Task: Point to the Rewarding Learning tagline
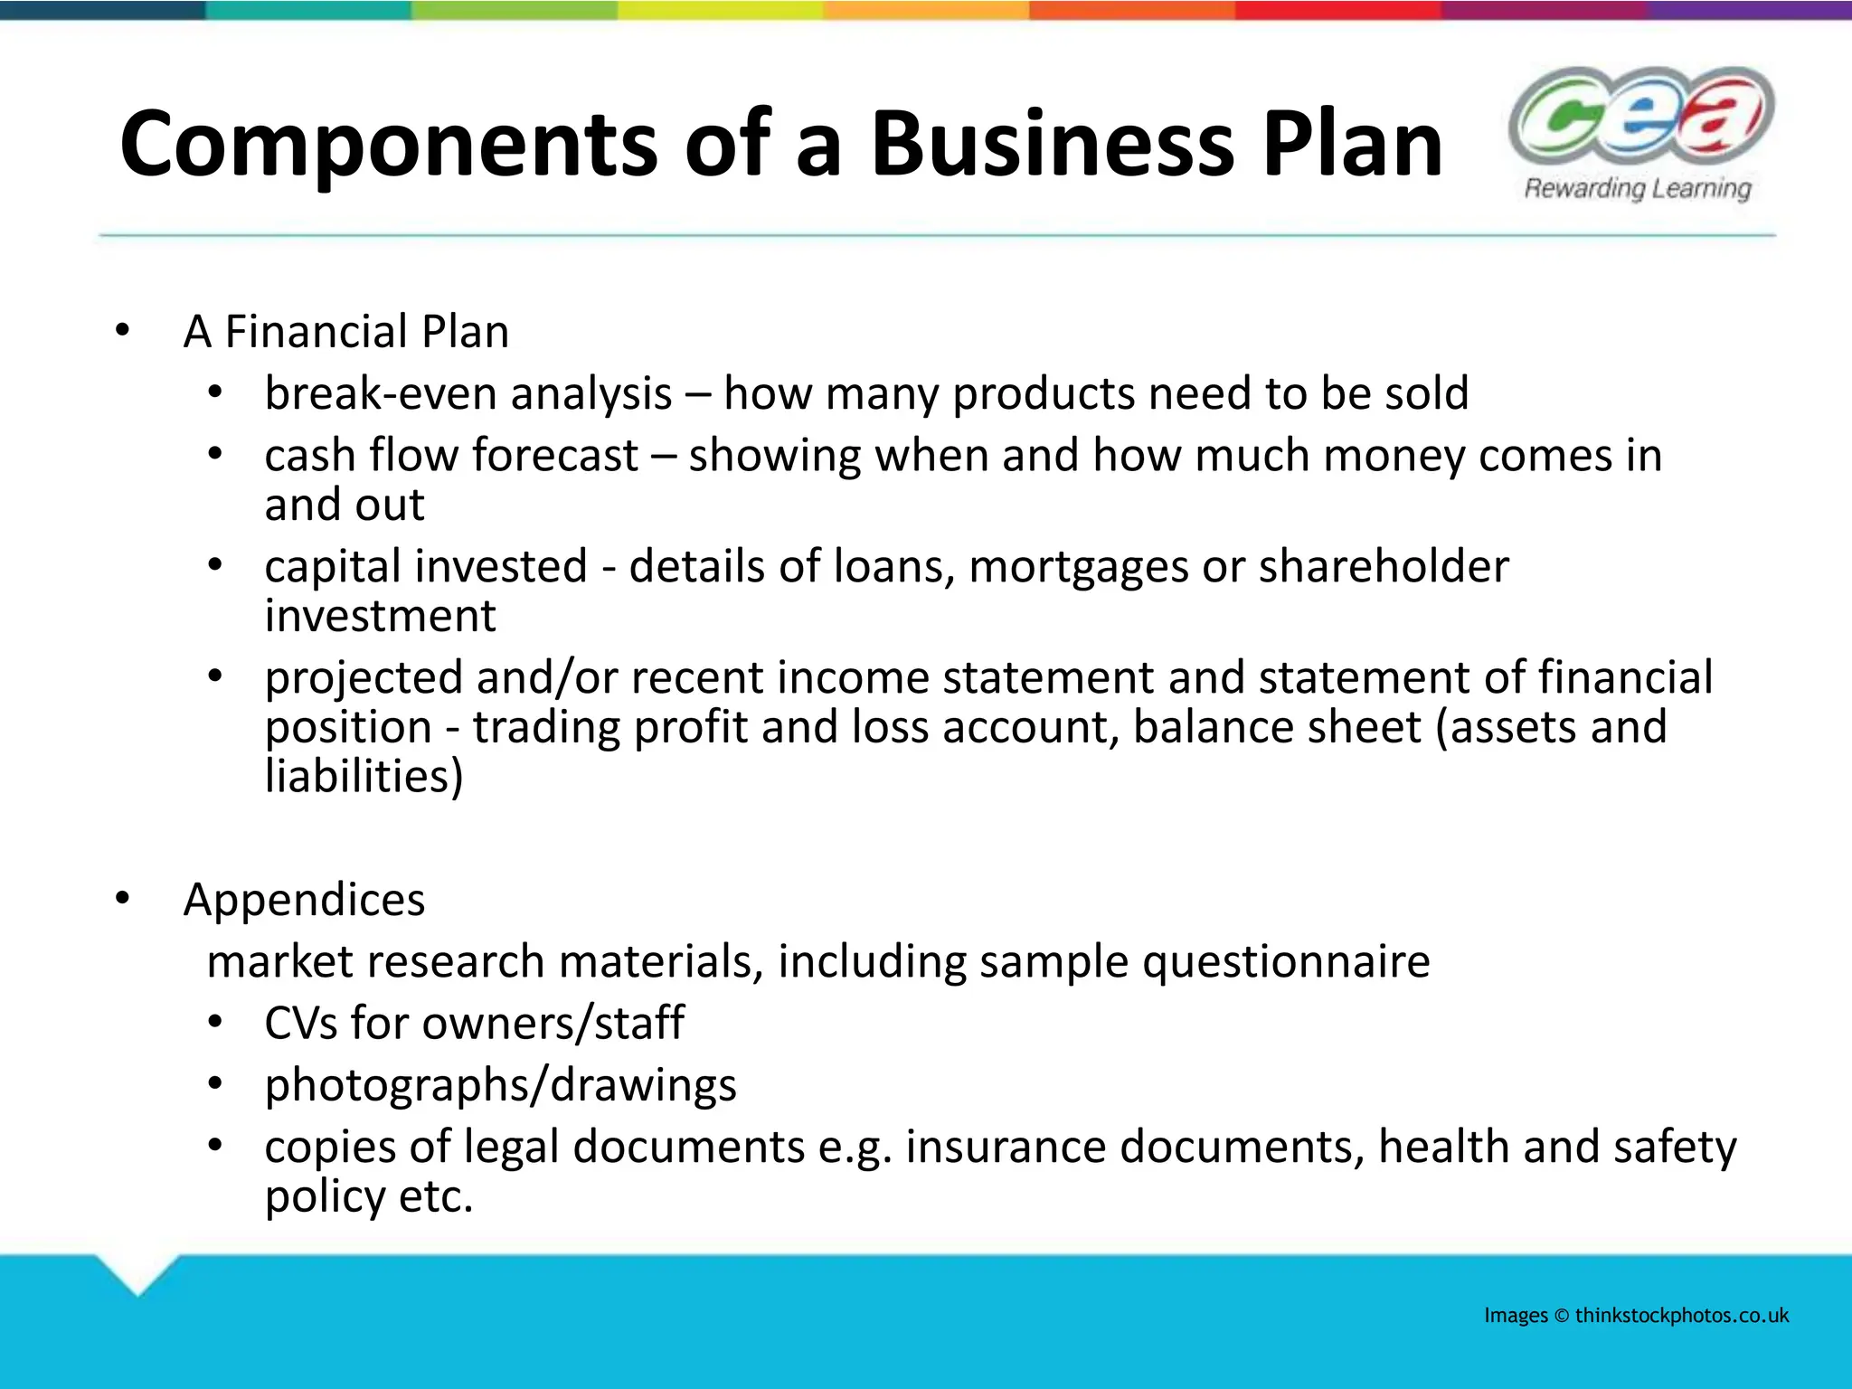[x=1638, y=189]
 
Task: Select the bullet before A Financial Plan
[x=123, y=331]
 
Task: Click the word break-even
[x=378, y=393]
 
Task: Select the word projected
[x=364, y=678]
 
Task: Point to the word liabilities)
[x=364, y=776]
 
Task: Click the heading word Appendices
[x=304, y=900]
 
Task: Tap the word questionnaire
[x=1286, y=961]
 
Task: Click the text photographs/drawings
[x=500, y=1085]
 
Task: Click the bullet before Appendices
[x=123, y=900]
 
